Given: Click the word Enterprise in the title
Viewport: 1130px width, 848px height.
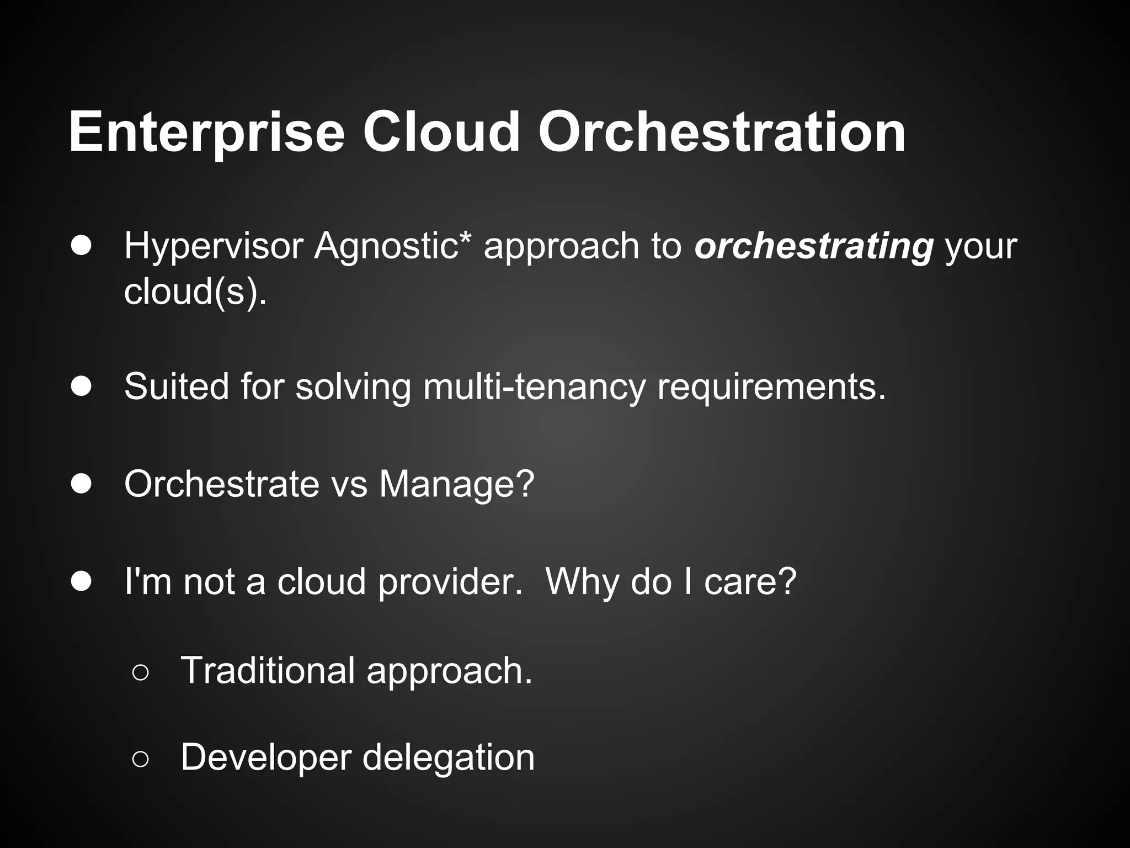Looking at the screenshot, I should coord(206,132).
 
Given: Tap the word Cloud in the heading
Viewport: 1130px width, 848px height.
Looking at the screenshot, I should coord(441,132).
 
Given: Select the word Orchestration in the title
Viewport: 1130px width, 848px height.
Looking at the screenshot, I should coord(722,132).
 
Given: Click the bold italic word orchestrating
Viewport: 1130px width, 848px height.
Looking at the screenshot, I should coord(814,247).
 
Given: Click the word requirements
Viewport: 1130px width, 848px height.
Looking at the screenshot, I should coord(771,388).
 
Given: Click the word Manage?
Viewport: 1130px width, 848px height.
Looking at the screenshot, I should coord(457,484).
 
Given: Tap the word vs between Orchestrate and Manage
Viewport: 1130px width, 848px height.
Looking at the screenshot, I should coord(349,485).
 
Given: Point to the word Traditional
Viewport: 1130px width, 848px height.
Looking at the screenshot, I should coord(268,670).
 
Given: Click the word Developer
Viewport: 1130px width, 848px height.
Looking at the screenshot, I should coord(266,758).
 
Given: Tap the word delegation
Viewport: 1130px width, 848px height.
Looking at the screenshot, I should coord(449,758).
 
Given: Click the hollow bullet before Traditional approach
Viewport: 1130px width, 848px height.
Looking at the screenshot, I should coord(140,672).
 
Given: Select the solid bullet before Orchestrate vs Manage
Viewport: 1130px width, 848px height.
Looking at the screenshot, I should coord(81,484).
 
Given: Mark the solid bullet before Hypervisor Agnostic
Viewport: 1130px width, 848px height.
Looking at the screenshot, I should coord(81,246).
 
